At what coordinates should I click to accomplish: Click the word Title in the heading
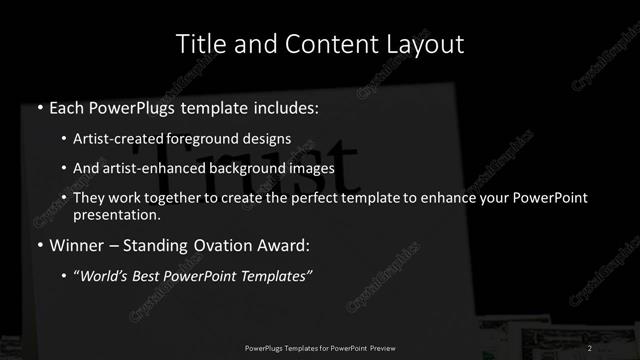click(x=198, y=44)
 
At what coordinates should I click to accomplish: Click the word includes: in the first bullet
click(x=285, y=107)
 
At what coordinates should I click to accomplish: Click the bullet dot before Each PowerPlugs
click(x=39, y=107)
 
